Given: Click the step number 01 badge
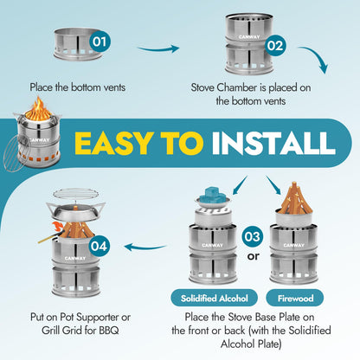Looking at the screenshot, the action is pos(100,42).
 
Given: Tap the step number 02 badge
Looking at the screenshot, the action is pos(275,46).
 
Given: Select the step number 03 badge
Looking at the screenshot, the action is pos(253,236).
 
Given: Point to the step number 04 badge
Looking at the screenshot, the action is pos(99,246).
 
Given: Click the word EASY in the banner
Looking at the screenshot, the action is pos(112,144).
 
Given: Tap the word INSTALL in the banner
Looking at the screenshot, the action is pos(273,144).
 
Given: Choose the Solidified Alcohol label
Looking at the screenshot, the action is pos(214,299).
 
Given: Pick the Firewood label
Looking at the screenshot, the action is pos(295,299).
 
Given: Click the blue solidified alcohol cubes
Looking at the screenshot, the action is pos(214,194).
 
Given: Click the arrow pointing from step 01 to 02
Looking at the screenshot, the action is pos(158,48).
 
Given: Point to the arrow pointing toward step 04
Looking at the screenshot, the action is pos(145,247).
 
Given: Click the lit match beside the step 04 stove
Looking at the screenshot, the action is pos(52,233).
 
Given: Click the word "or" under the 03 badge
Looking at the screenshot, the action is pos(253,256).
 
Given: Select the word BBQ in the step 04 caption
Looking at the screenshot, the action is pos(109,331).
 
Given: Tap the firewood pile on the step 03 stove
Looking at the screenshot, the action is pos(293,198).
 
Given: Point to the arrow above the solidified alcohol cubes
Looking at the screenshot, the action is pos(240,185).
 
